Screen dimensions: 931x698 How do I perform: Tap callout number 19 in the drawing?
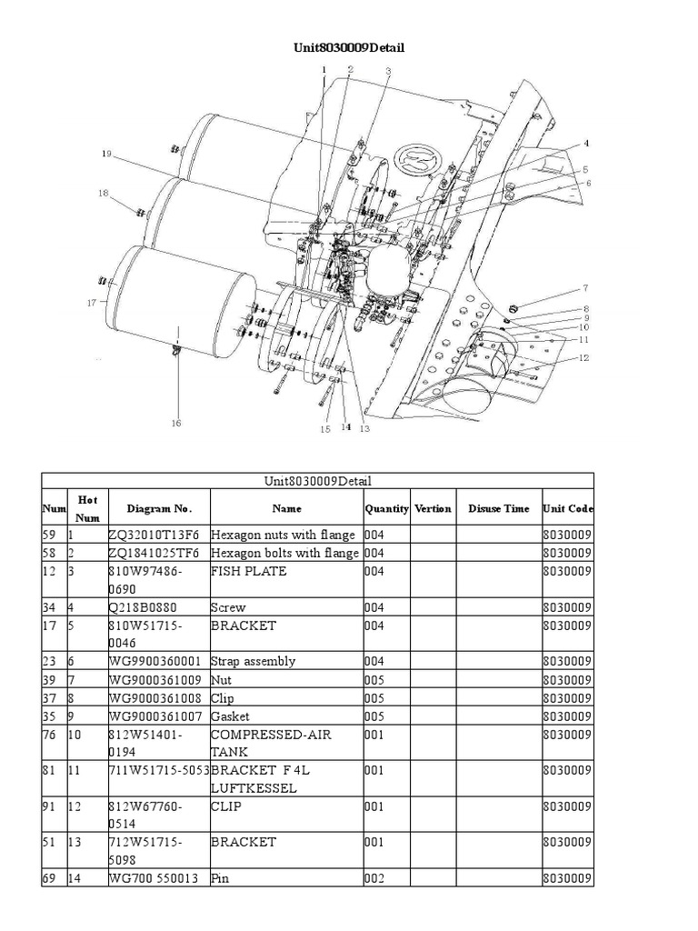[x=106, y=154]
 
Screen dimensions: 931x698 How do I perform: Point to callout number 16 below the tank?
[x=175, y=422]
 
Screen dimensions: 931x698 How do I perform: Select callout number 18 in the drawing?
[x=103, y=193]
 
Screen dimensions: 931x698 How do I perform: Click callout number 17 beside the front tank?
[x=91, y=303]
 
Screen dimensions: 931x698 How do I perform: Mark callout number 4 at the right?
[x=586, y=144]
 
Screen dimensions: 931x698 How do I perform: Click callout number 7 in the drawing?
[x=585, y=288]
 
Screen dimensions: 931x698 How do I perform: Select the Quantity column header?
[x=387, y=509]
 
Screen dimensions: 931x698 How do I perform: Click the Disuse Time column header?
[x=498, y=509]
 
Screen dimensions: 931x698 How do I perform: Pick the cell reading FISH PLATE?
[x=248, y=571]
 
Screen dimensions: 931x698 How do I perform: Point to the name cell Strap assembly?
[x=253, y=662]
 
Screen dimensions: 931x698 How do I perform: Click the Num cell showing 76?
[x=50, y=735]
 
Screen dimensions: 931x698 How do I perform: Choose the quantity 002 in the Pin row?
[x=374, y=878]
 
